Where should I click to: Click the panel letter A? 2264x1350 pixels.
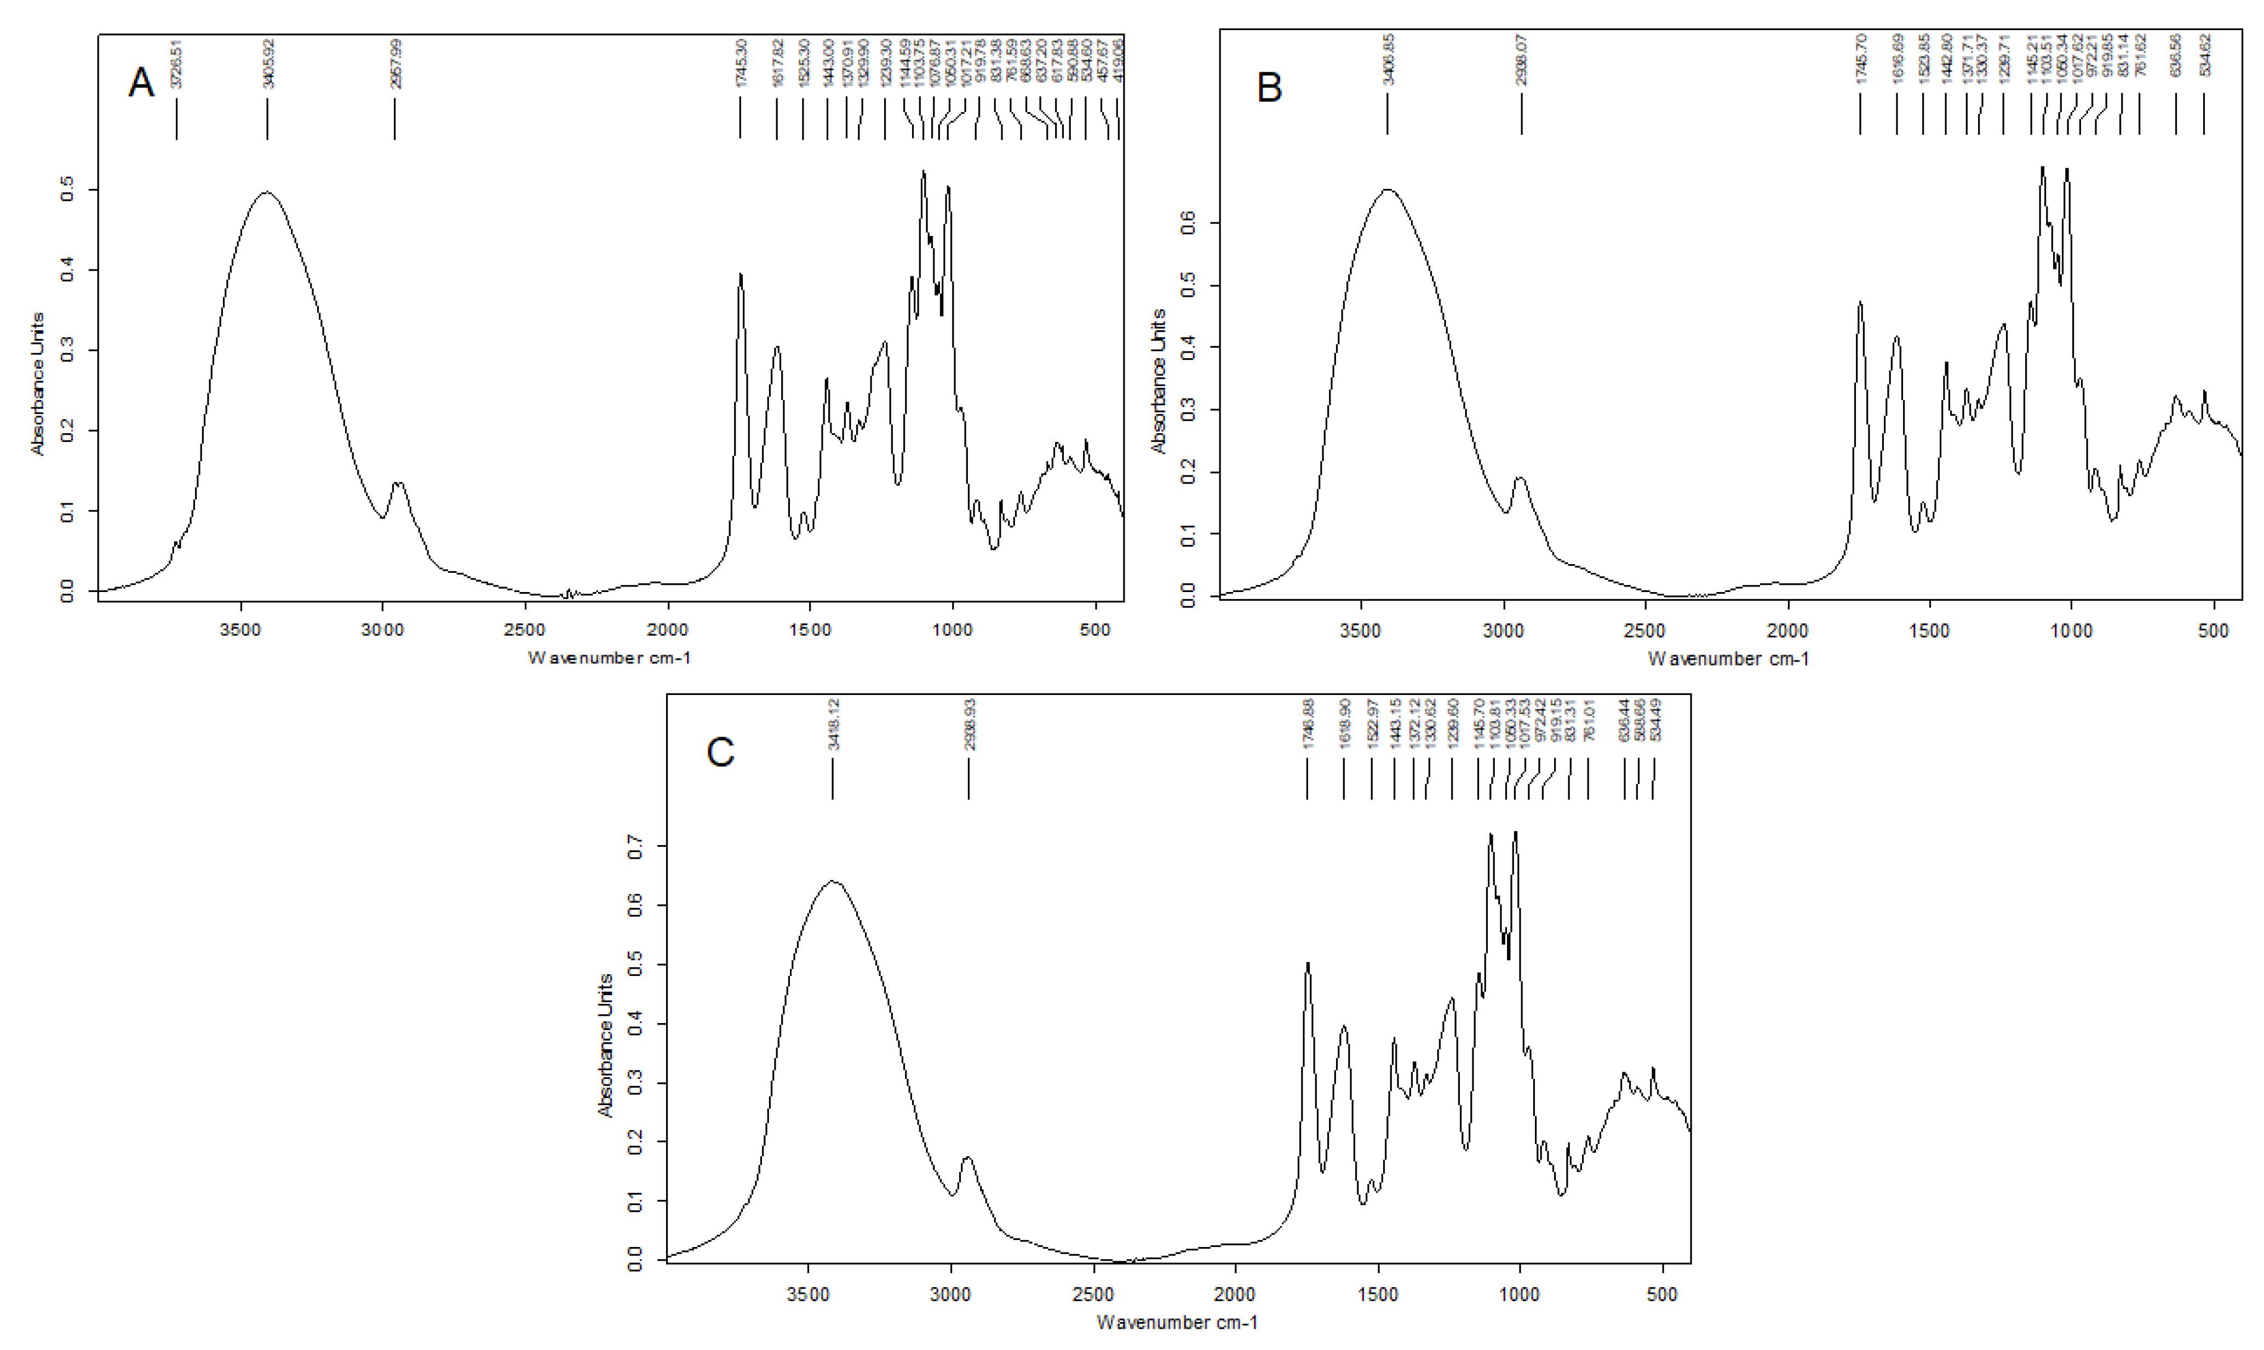[x=141, y=83]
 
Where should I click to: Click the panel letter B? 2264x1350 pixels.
[x=1269, y=87]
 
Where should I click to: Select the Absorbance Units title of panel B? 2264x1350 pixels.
[x=1158, y=380]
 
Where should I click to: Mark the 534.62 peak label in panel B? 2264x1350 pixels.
[x=2204, y=55]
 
